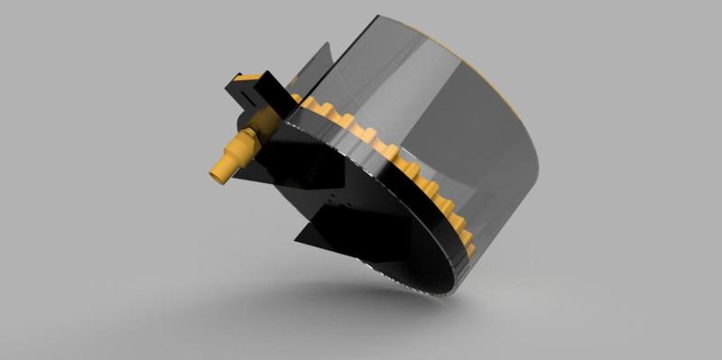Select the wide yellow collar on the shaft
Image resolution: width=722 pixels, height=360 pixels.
(x=241, y=145)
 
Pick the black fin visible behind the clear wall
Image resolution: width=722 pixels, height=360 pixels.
(x=315, y=68)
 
